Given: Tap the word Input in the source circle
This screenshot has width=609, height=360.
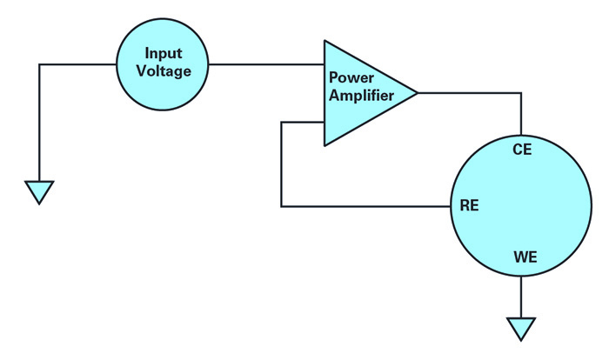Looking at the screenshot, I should [x=163, y=55].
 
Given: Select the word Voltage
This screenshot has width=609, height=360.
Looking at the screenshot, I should [x=163, y=72].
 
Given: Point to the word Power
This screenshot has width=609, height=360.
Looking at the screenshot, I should [x=349, y=78].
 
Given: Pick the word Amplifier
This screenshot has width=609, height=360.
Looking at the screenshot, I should [x=361, y=95].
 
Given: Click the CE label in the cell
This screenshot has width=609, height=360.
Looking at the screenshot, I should [x=521, y=150].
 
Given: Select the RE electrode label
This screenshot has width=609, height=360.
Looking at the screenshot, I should [x=468, y=206].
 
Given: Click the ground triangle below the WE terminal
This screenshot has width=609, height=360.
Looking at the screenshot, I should [x=520, y=328].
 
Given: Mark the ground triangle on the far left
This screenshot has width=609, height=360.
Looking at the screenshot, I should [x=39, y=190].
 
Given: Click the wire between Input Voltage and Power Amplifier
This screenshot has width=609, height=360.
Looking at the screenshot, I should [x=265, y=64].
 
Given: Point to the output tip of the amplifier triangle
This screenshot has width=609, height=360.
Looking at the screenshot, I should [x=417, y=92].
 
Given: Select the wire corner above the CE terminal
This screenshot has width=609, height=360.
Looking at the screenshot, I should [x=520, y=92].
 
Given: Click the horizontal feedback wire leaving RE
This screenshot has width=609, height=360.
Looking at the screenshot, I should [x=365, y=206].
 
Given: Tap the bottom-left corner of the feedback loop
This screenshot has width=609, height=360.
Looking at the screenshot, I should [x=282, y=206].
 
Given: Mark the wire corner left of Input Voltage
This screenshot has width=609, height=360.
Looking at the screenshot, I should [x=39, y=64].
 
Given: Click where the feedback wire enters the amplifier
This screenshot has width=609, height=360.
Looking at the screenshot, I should [x=324, y=121].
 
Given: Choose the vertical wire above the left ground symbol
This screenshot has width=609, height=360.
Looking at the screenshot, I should [x=39, y=122].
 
